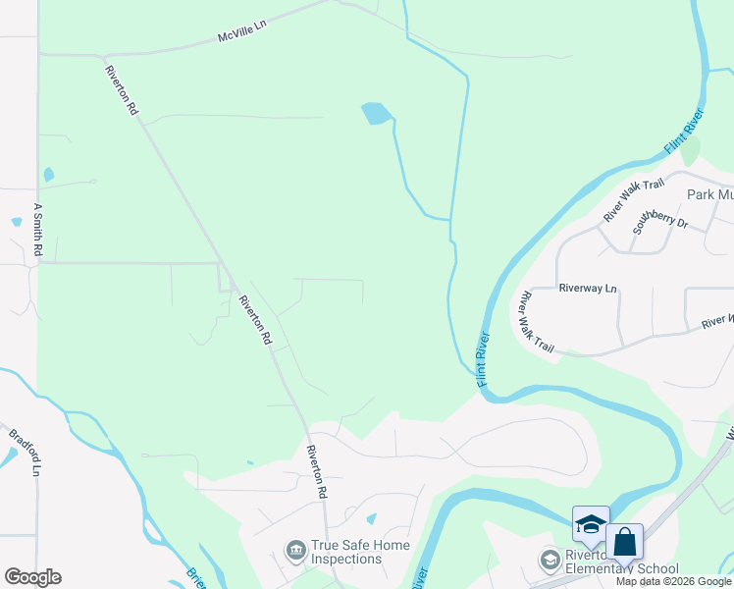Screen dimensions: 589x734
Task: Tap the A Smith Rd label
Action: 38,231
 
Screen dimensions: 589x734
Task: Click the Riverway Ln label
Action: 588,289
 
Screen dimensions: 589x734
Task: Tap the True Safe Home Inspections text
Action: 345,552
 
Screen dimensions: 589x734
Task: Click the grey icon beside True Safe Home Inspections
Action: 294,552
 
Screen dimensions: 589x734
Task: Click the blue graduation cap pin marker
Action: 591,524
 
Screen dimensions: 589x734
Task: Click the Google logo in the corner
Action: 32,577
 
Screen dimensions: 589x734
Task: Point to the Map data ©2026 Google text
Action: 674,581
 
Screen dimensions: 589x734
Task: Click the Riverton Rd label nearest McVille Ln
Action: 121,86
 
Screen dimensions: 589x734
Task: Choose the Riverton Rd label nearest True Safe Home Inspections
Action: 317,471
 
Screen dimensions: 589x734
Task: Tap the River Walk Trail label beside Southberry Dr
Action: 634,199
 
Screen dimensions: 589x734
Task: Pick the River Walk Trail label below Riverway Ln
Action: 538,322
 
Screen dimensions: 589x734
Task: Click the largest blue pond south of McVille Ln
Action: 376,114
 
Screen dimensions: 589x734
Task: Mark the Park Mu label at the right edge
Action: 709,194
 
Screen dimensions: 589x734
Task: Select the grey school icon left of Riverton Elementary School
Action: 550,560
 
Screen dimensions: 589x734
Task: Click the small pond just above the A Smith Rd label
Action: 16,222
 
